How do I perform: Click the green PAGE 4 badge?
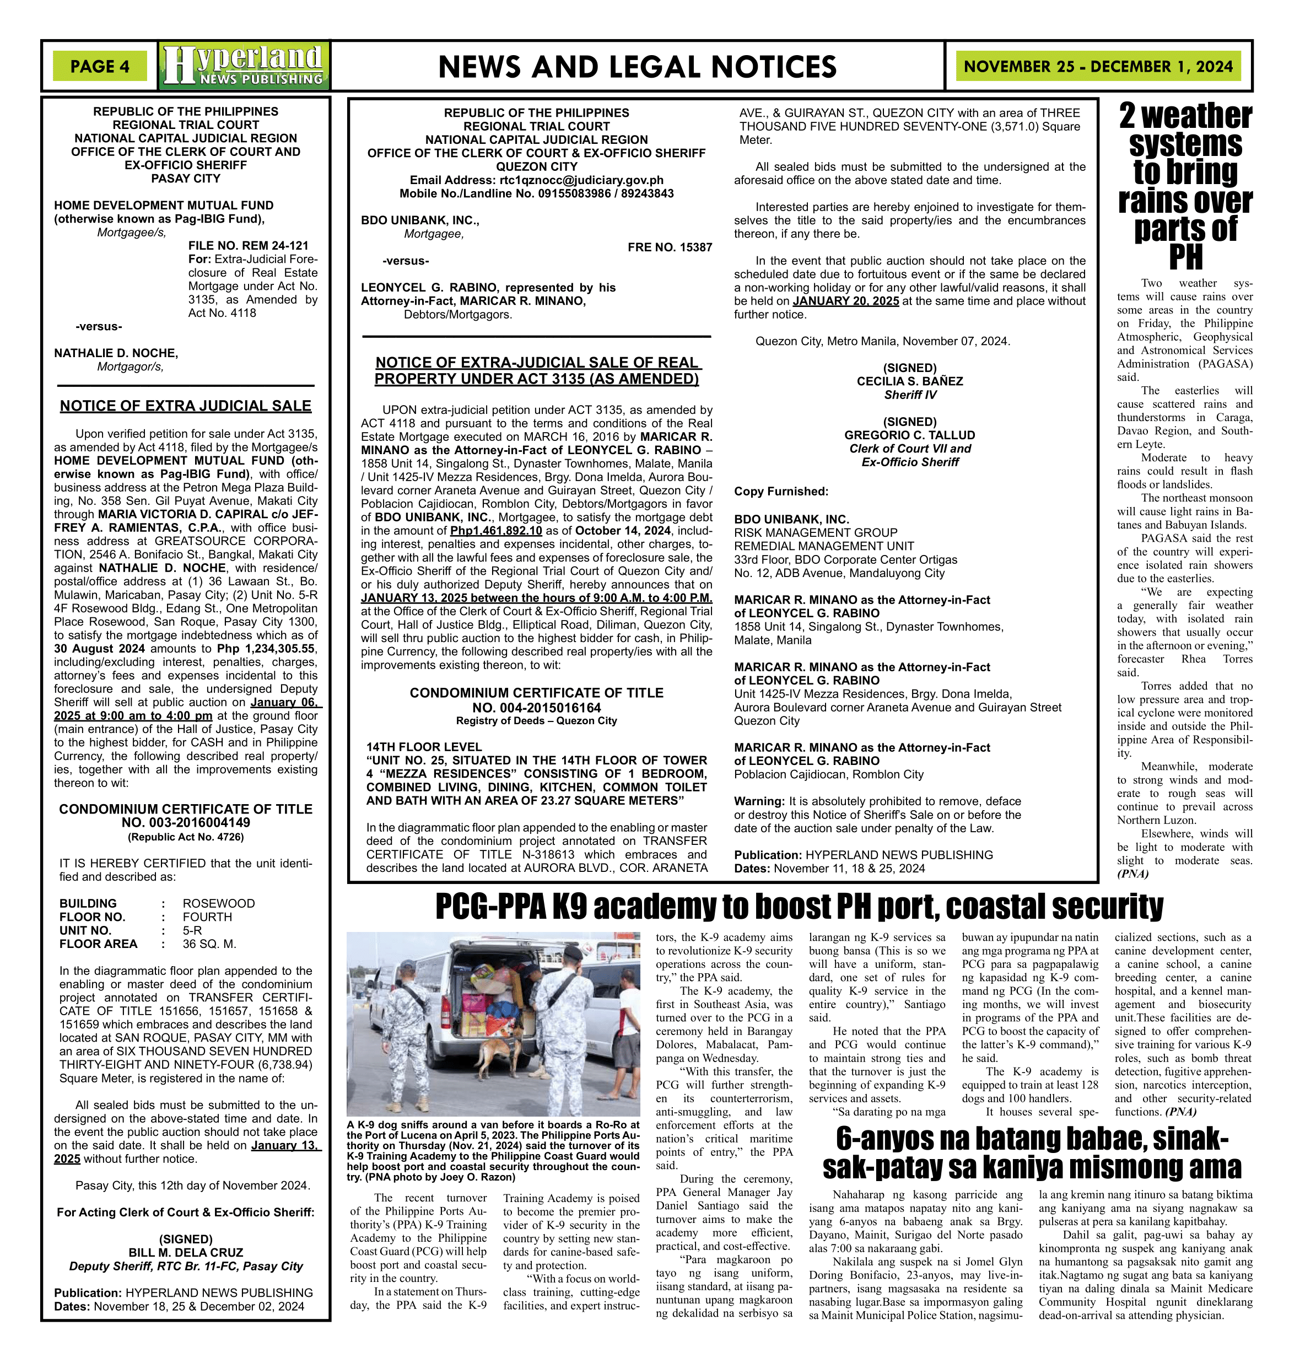coord(100,67)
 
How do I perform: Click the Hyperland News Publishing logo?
coord(244,67)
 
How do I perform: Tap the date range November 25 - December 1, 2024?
coord(1098,67)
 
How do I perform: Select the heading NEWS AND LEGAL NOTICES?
coord(637,67)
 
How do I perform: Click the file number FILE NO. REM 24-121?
coord(248,245)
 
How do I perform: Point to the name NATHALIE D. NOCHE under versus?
coord(116,353)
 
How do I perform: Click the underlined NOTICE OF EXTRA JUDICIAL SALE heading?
coord(186,406)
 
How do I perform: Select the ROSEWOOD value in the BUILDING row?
coord(218,904)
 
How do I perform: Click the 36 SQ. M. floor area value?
coord(209,944)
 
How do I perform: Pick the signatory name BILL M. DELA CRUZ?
coord(186,1253)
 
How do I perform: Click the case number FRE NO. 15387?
coord(670,247)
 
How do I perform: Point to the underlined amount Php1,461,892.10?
coord(495,531)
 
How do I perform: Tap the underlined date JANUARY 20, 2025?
coord(845,301)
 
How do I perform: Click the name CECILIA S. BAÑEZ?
coord(910,381)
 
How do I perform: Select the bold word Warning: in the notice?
coord(759,801)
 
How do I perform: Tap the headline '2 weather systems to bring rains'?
coord(1185,186)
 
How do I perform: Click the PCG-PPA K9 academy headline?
coord(799,907)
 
